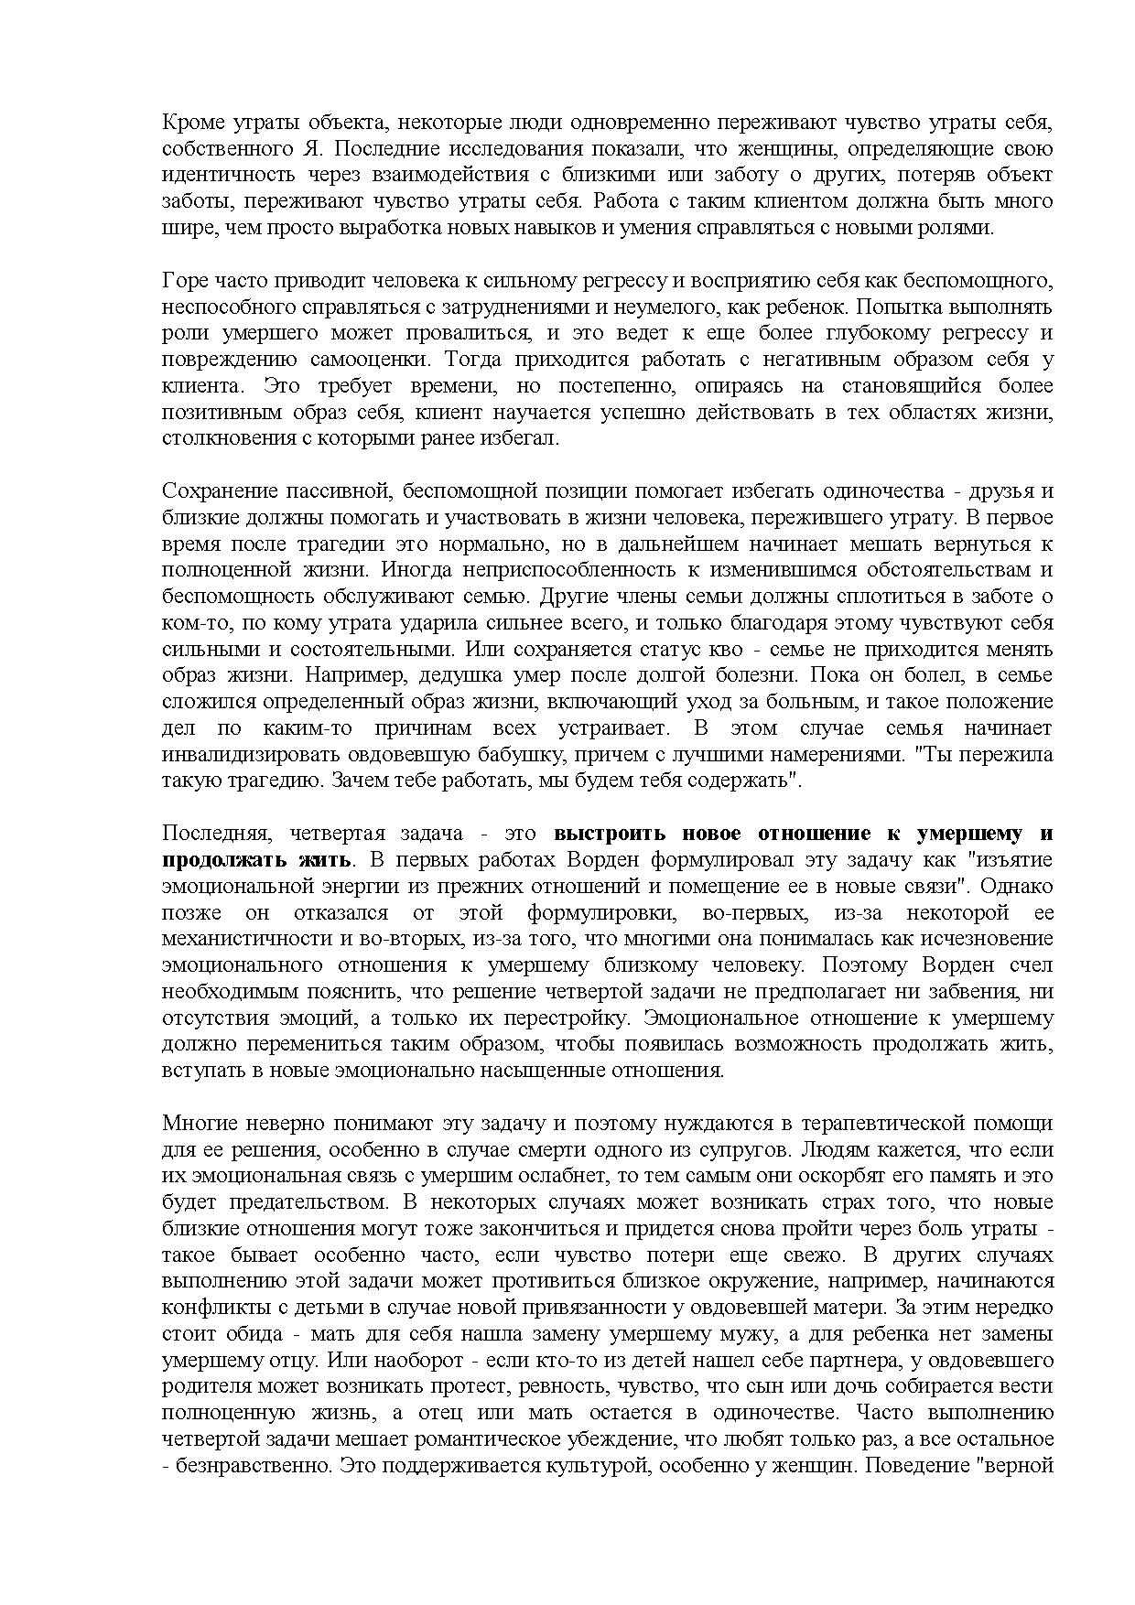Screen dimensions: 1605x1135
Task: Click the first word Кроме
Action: (x=188, y=122)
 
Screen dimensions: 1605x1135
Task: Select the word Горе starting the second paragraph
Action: (x=183, y=280)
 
